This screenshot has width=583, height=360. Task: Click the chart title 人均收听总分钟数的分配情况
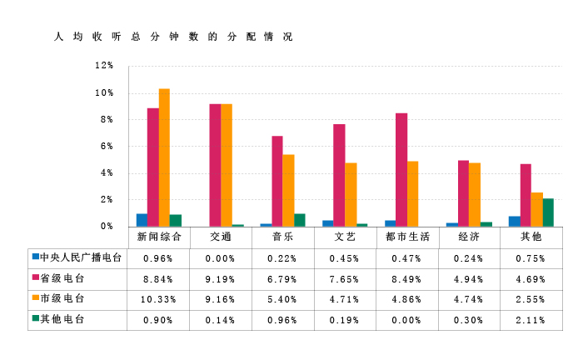pyautogui.click(x=172, y=37)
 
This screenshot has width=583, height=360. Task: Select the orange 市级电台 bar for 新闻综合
pyautogui.click(x=164, y=157)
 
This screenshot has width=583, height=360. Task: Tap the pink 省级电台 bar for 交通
pyautogui.click(x=215, y=165)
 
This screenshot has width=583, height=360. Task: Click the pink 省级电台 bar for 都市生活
pyautogui.click(x=401, y=170)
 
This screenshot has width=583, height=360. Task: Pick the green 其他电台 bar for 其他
pyautogui.click(x=548, y=212)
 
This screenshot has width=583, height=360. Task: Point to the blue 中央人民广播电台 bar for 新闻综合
pyautogui.click(x=142, y=220)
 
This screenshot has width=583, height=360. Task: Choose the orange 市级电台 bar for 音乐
pyautogui.click(x=288, y=190)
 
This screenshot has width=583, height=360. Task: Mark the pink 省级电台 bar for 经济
pyautogui.click(x=463, y=193)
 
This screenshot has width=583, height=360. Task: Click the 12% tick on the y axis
pyautogui.click(x=104, y=66)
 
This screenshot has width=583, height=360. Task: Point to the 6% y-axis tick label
pyautogui.click(x=107, y=147)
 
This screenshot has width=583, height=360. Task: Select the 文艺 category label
pyautogui.click(x=345, y=237)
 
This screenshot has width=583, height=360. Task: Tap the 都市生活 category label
pyautogui.click(x=408, y=237)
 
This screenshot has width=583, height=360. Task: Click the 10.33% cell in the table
pyautogui.click(x=158, y=299)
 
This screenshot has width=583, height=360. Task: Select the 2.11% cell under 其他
pyautogui.click(x=531, y=320)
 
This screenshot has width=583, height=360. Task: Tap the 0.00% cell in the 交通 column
pyautogui.click(x=221, y=258)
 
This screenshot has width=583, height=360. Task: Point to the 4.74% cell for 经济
pyautogui.click(x=469, y=299)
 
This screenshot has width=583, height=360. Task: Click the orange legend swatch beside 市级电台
pyautogui.click(x=35, y=298)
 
